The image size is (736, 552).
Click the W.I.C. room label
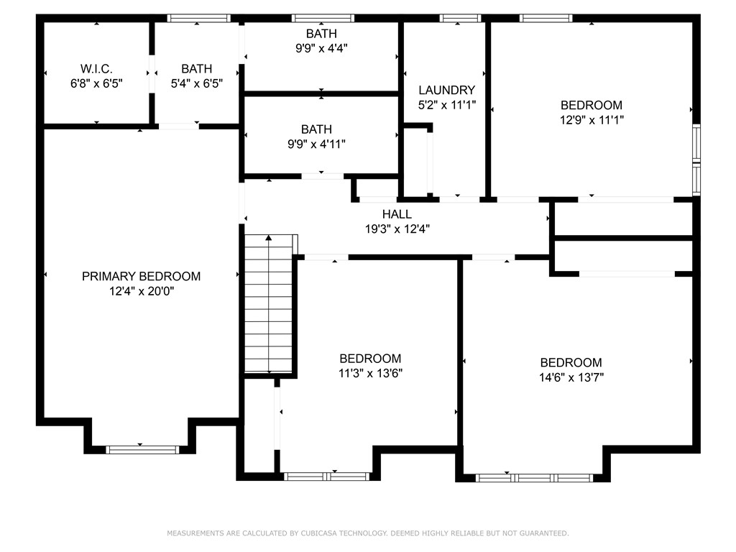96,68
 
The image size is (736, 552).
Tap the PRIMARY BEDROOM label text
142,276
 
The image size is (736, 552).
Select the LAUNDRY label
447,90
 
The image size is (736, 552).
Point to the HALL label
397,214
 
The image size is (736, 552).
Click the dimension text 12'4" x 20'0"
142,291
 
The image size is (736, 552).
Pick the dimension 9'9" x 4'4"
321,48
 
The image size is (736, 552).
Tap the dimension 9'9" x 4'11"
316,144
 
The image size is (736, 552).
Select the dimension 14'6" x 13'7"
571,377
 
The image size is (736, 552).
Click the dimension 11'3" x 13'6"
370,373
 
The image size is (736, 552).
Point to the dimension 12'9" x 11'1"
592,120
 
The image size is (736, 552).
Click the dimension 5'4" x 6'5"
196,83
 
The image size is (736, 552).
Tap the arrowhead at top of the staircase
269,237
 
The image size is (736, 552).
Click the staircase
269,303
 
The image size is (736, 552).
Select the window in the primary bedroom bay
142,450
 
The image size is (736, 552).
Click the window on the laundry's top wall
461,18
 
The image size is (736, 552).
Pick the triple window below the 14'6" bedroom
534,478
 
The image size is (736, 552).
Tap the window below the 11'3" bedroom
327,477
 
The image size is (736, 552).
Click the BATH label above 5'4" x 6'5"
196,68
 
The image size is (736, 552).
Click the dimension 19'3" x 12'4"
397,229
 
